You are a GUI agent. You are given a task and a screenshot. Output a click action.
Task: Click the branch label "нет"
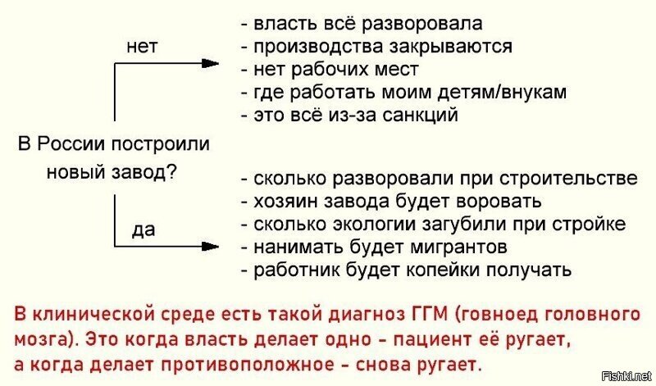pos(142,46)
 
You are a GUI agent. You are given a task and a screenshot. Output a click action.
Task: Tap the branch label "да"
pos(143,230)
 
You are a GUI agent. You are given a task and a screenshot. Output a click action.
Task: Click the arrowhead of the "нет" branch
pos(210,64)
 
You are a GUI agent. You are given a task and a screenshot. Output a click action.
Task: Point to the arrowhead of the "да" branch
pos(210,246)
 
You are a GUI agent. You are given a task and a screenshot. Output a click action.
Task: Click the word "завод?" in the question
pos(143,172)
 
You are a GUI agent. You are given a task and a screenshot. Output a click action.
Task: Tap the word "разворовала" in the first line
pos(421,24)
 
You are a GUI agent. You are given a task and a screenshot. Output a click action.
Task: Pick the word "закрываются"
pos(450,47)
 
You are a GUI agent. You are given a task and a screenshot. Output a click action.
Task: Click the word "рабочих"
pos(325,70)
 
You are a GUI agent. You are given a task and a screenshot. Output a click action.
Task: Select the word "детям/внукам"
pos(502,92)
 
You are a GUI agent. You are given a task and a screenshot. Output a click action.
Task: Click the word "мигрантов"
pos(458,247)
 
